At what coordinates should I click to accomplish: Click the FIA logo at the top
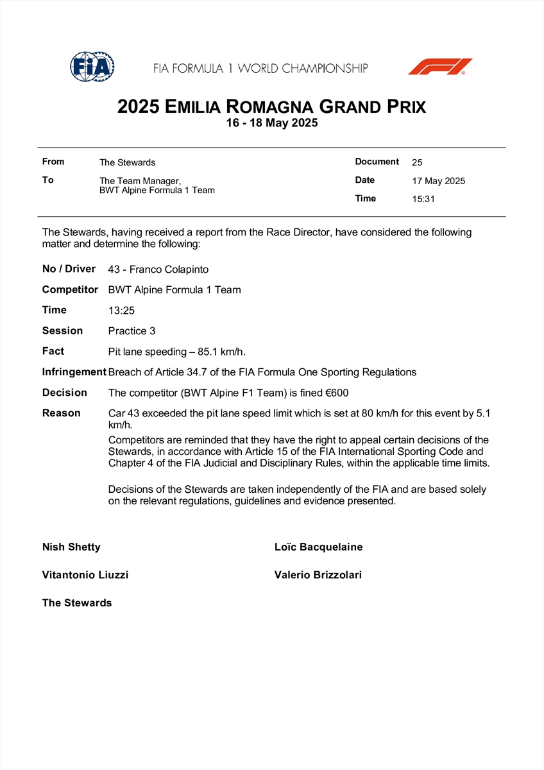coord(92,66)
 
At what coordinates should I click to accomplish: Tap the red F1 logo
coord(440,67)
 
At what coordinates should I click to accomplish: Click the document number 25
coord(417,163)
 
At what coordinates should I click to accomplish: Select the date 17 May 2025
coord(438,181)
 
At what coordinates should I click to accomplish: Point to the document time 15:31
coord(423,199)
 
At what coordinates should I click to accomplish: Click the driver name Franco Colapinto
coord(169,269)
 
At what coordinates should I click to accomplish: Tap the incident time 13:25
coord(122,311)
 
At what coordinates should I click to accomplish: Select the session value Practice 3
coord(132,331)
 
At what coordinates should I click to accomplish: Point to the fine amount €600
coord(337,393)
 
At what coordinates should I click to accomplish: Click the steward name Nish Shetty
coord(71,547)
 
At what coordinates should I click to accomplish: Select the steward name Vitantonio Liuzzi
coord(85,576)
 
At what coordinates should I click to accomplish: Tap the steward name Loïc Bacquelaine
coord(318,547)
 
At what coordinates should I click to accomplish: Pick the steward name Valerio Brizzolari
coord(318,576)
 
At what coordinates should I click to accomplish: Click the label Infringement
coord(74,372)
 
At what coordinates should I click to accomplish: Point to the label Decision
coord(64,393)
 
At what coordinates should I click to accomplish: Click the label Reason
coord(62,413)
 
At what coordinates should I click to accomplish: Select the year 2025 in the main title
coord(138,107)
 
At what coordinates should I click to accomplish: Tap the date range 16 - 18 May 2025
coord(272,123)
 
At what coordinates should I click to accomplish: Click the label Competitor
coord(70,290)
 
